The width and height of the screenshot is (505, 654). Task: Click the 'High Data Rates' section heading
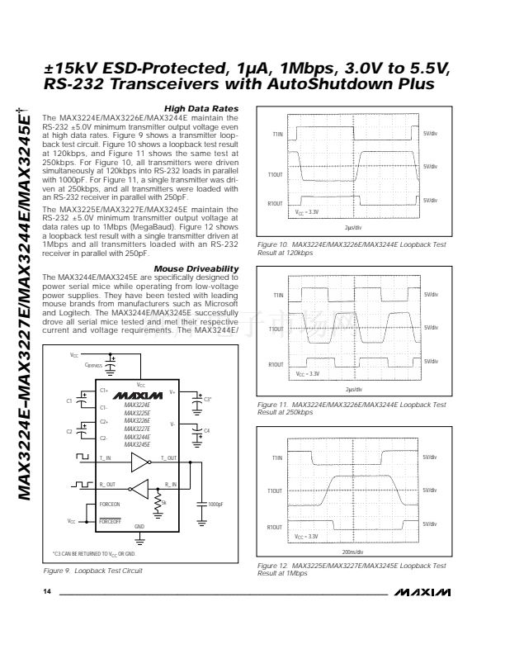click(201, 109)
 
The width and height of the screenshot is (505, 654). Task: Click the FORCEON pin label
click(110, 504)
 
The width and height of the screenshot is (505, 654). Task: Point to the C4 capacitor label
click(207, 431)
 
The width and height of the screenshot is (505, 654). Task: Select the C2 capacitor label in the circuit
click(70, 431)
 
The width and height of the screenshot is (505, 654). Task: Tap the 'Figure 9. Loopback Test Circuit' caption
click(93, 571)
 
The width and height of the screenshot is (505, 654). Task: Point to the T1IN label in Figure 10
click(276, 133)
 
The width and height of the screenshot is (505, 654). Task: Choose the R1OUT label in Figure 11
click(276, 364)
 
